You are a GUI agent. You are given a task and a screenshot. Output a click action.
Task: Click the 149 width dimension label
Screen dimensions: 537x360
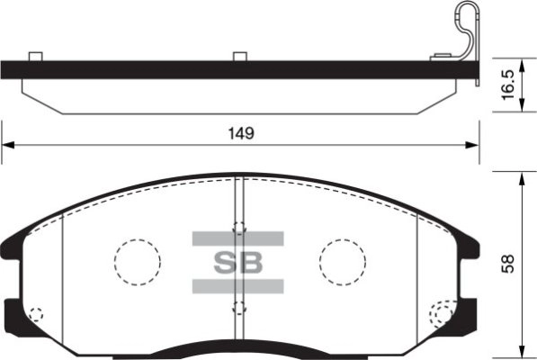[x=241, y=133]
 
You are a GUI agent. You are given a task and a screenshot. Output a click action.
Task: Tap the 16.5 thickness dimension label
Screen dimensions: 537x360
[x=508, y=85]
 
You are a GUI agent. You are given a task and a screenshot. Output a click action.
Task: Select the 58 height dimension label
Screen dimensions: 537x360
[x=508, y=264]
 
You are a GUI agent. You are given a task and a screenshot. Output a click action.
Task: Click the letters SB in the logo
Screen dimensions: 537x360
[x=238, y=263]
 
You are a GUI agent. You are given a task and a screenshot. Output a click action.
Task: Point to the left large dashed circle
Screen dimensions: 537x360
[x=115, y=262]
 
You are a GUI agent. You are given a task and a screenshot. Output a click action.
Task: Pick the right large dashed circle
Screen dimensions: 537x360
[x=320, y=262]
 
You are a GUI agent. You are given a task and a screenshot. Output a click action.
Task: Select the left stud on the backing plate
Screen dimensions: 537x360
[x=36, y=57]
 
